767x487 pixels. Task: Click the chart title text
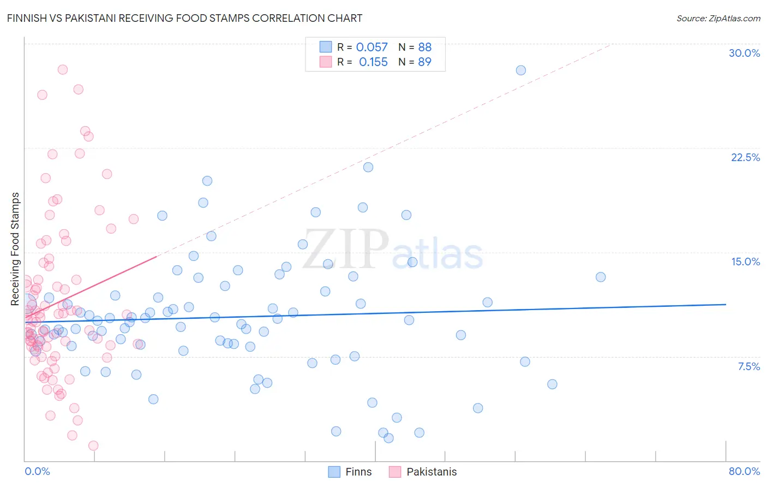tap(184, 18)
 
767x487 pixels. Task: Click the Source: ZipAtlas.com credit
tap(718, 19)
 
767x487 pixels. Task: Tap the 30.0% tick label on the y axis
tap(744, 53)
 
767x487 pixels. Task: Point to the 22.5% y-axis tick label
tap(745, 157)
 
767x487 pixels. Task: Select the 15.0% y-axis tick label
tap(745, 262)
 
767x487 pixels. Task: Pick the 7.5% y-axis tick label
tap(748, 366)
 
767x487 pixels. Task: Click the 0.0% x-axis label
tap(37, 471)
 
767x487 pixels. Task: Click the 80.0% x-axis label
tap(744, 471)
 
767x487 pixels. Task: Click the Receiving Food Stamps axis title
tap(15, 249)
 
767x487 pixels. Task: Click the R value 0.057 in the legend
tap(371, 47)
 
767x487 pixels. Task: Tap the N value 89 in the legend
tap(424, 62)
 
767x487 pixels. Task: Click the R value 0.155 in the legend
tap(373, 62)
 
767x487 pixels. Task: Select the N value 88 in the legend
tap(424, 47)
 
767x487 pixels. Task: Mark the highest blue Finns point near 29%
tap(521, 70)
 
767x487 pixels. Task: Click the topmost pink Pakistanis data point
tap(63, 70)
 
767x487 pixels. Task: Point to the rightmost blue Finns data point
tap(601, 277)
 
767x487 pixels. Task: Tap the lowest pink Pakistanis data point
tap(93, 446)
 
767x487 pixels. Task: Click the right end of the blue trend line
tap(726, 304)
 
